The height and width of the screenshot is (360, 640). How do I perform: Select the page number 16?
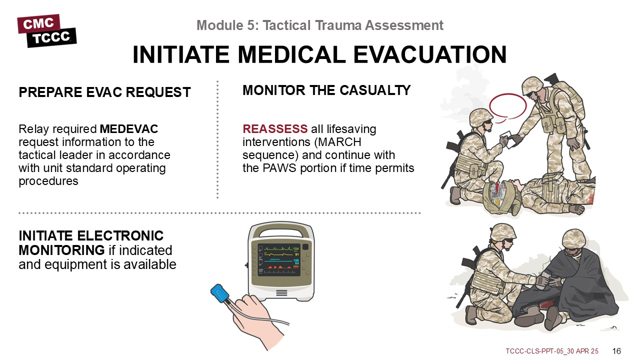[x=616, y=351]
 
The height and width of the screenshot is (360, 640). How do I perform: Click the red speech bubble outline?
[x=507, y=106]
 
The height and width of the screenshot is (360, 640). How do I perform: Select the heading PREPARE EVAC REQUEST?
[x=104, y=92]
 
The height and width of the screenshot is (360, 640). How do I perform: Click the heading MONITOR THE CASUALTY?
[x=326, y=90]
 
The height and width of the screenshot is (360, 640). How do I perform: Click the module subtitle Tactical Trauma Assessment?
[x=353, y=25]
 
